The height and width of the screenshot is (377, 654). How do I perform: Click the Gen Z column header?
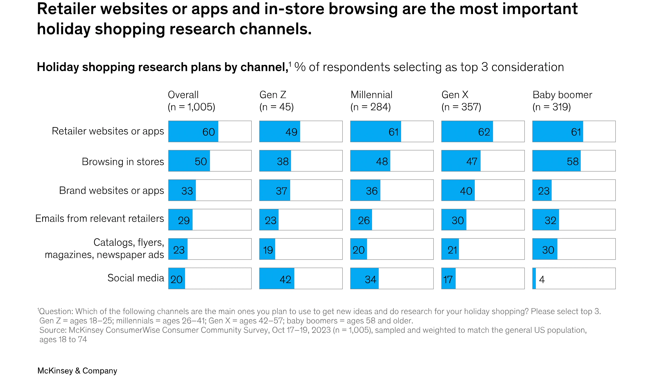(x=273, y=95)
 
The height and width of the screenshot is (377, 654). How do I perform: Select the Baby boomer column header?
(x=562, y=95)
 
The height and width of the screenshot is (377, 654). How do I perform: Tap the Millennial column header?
(x=371, y=95)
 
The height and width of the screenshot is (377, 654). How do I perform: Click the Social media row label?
(x=136, y=278)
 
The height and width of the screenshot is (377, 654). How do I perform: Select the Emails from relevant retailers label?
(x=100, y=219)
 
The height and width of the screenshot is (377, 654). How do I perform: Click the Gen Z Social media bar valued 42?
(x=277, y=279)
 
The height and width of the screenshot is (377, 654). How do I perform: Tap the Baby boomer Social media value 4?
(x=542, y=279)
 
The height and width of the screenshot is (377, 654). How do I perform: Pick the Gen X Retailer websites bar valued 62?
(x=467, y=132)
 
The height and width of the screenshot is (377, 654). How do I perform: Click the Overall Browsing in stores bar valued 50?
(x=189, y=161)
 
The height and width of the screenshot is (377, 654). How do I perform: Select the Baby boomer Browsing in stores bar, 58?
(x=556, y=161)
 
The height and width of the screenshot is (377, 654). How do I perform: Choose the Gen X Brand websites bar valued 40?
(x=458, y=190)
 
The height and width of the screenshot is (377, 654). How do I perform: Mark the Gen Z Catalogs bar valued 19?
(x=267, y=249)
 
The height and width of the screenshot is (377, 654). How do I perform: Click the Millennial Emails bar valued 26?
(x=361, y=220)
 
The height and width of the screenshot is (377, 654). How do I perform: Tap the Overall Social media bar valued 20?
(x=177, y=279)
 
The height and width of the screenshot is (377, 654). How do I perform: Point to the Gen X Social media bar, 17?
(x=449, y=279)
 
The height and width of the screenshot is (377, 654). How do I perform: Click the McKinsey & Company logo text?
(x=77, y=370)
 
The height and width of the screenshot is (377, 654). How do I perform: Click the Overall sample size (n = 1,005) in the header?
(x=191, y=107)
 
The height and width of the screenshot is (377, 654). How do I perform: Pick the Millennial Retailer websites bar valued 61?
(x=375, y=132)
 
